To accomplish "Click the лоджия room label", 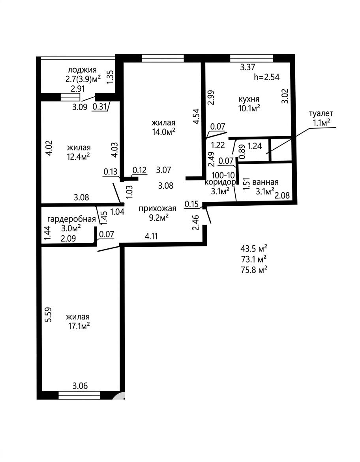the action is tap(82, 70).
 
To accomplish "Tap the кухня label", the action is tap(249, 99).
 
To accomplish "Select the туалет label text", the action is tap(321, 113).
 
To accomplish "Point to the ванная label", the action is tap(265, 182).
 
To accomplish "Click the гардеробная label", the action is tap(71, 219).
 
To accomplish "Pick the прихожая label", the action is tap(157, 208).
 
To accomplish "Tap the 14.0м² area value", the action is tap(163, 132).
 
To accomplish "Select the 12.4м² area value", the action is tap(79, 156).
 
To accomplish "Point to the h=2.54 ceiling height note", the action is tap(266, 77).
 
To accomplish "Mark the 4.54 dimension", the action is tap(196, 116).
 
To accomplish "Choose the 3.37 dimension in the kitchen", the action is tap(247, 67).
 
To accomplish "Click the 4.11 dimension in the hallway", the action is tap(152, 236).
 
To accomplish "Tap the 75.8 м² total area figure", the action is tap(254, 270).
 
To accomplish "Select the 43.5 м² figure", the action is tap(254, 248).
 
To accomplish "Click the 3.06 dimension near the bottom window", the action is tap(80, 385).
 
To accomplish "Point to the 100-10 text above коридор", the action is tap(223, 175).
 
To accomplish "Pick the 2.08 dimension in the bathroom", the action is tap(282, 195).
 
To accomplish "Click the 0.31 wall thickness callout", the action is tap(99, 107).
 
